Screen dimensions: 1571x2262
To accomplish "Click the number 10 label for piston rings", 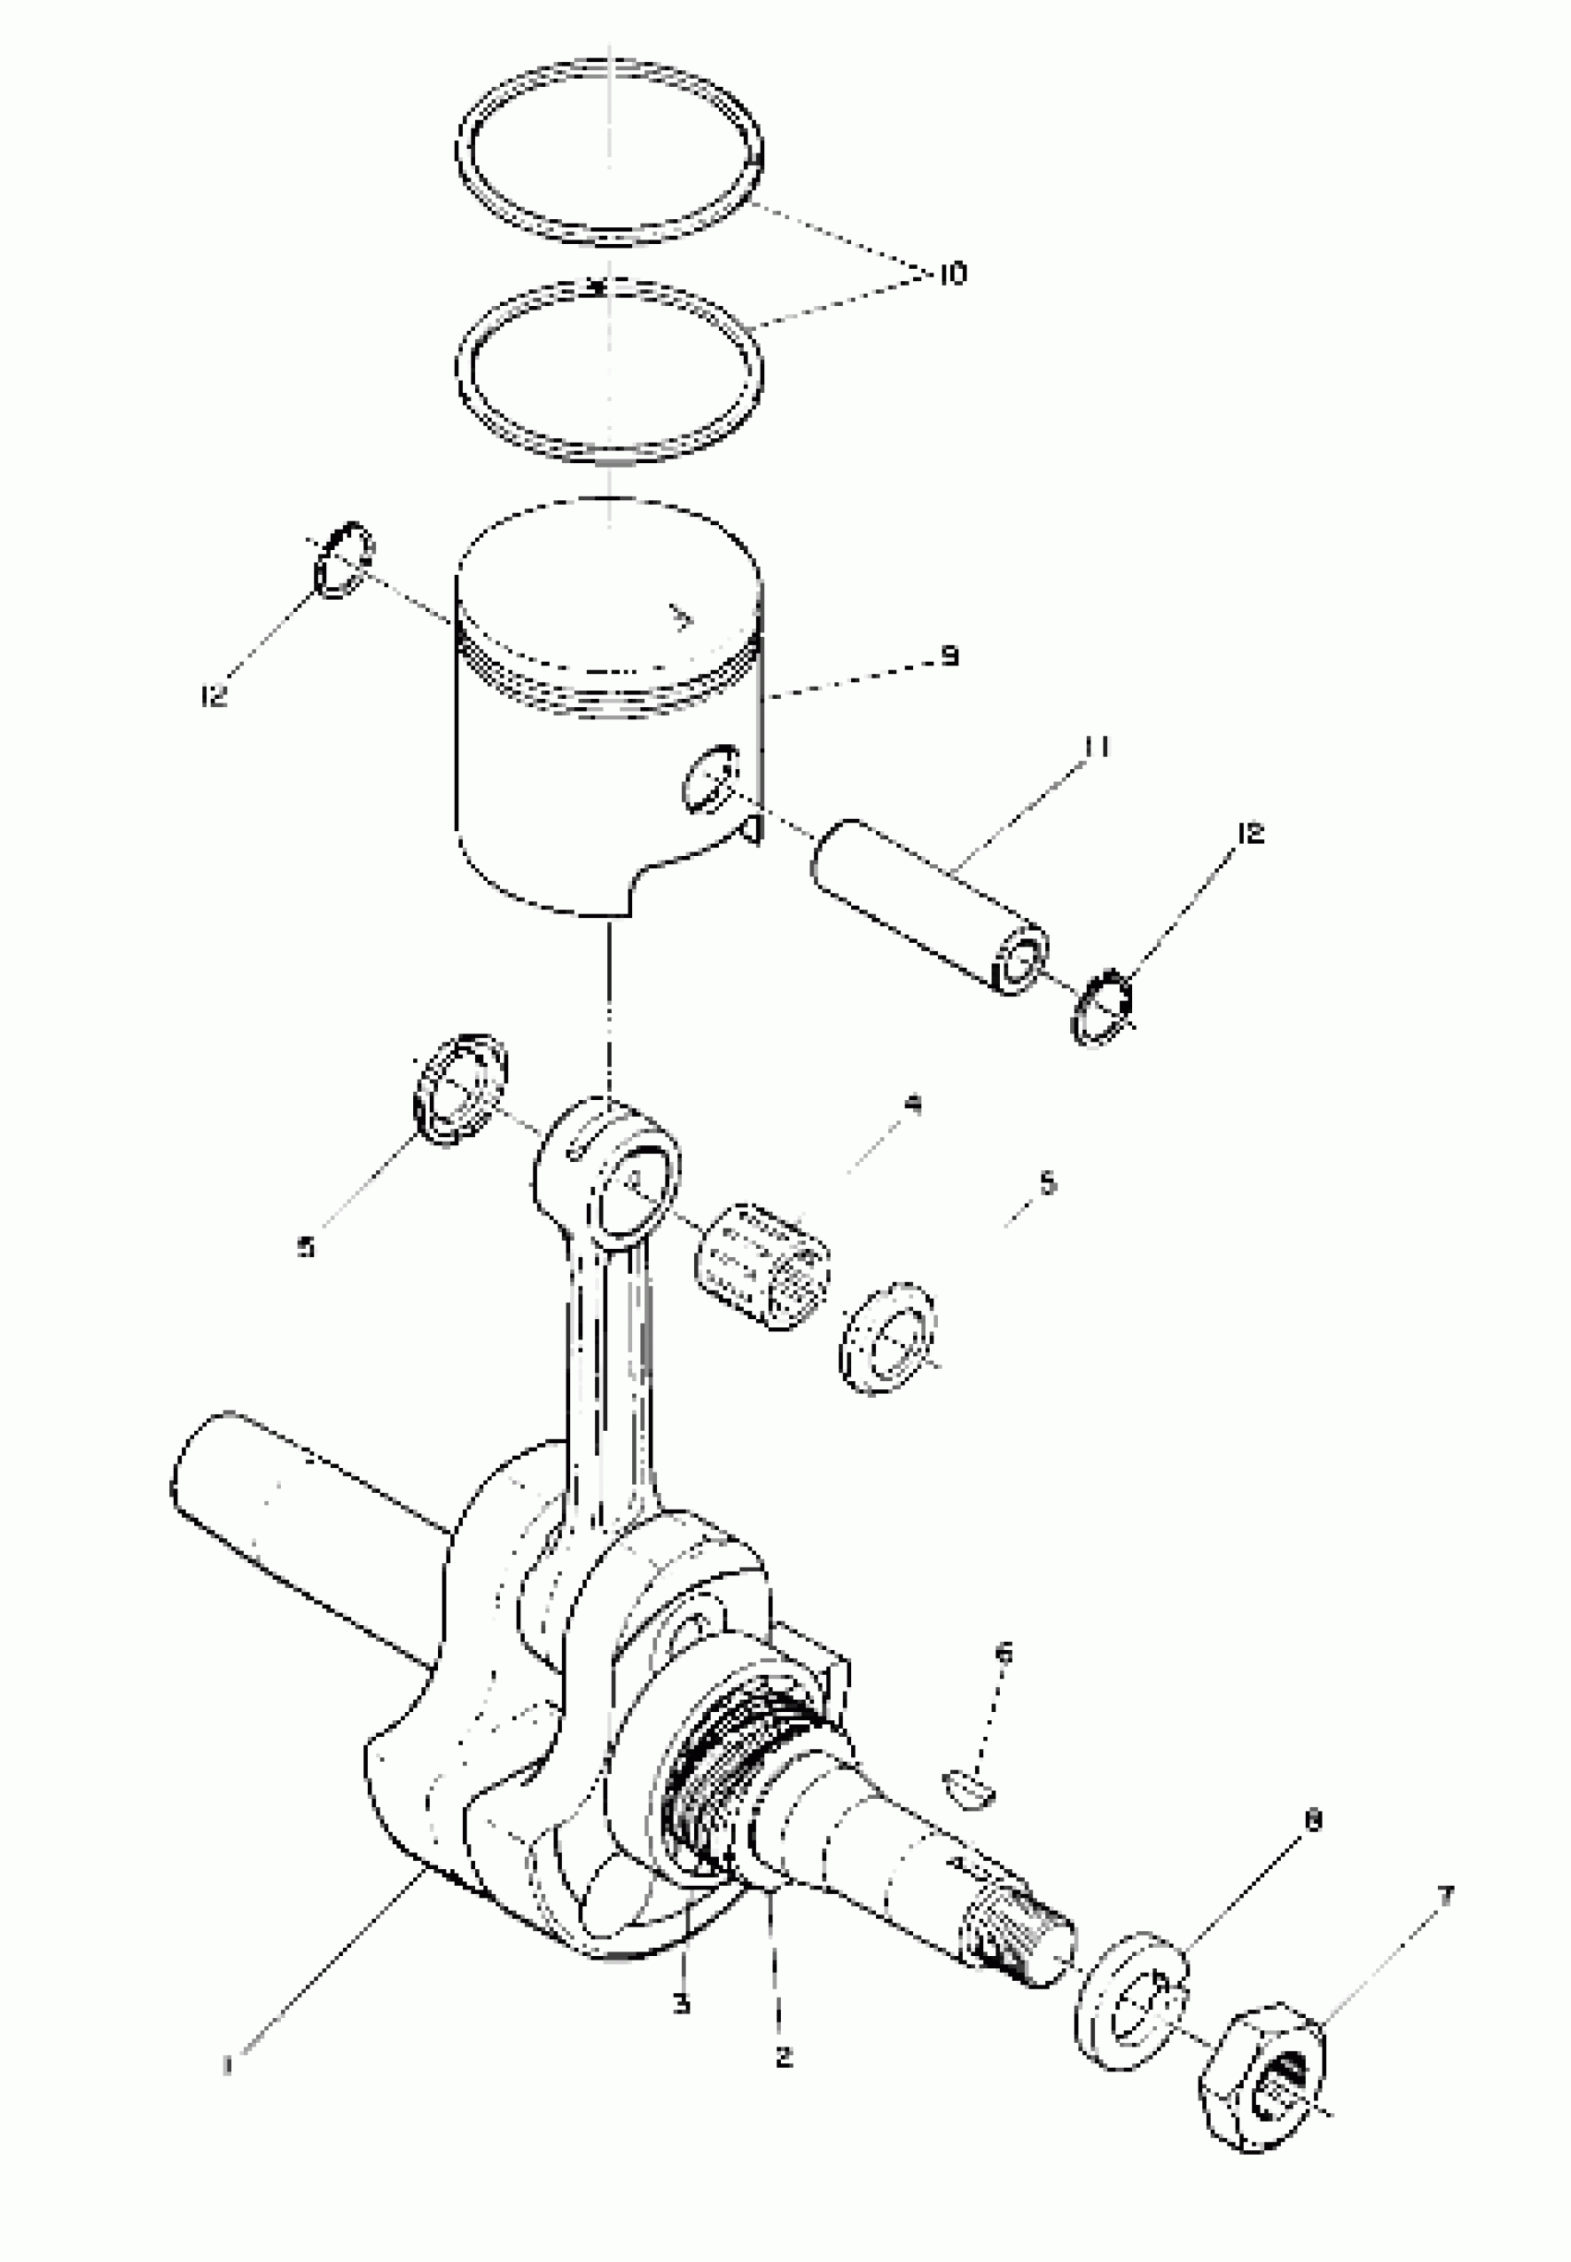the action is tap(951, 273).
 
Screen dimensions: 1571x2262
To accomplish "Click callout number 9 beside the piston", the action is tap(949, 656).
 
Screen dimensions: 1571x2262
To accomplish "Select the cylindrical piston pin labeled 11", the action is tap(925, 906).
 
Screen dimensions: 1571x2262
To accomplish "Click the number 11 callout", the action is tap(1096, 748).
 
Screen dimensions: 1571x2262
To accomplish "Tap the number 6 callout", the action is tap(1003, 1654).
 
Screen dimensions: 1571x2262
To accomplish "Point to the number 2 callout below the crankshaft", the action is tap(784, 2056).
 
